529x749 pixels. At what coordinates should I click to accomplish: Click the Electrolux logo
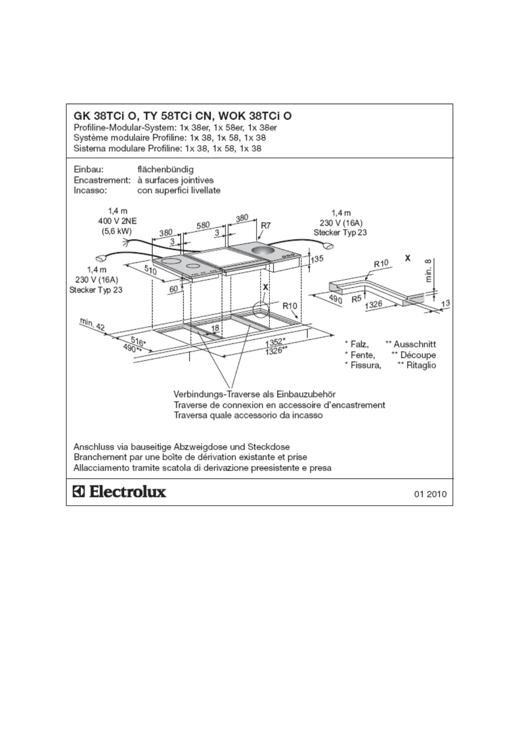(120, 491)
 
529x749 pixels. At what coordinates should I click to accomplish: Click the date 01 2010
(430, 494)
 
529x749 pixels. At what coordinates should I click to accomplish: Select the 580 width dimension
(203, 225)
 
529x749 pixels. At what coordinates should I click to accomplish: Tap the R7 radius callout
(265, 226)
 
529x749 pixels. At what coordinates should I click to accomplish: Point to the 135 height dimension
(317, 259)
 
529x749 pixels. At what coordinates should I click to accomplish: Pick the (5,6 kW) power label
(117, 231)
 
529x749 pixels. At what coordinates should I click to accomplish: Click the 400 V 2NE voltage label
(117, 221)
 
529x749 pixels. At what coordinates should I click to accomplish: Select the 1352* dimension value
(275, 343)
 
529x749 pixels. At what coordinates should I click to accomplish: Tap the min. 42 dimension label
(92, 324)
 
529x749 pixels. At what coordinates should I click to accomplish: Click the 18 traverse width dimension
(215, 328)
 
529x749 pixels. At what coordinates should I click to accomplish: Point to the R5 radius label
(357, 299)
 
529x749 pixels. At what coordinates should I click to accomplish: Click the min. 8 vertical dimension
(429, 271)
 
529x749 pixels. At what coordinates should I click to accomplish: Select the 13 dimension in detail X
(445, 303)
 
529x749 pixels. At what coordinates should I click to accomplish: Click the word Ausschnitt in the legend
(414, 344)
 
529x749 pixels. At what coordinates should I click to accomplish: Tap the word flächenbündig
(165, 169)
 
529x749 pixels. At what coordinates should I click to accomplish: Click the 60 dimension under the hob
(173, 289)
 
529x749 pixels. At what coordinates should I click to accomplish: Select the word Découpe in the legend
(418, 355)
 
